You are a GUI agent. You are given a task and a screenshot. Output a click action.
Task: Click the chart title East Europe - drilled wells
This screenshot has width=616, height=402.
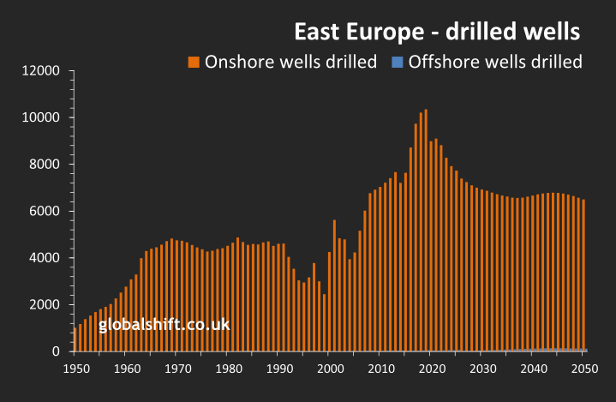pos(438,32)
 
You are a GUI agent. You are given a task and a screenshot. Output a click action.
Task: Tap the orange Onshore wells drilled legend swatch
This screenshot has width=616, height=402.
pos(194,62)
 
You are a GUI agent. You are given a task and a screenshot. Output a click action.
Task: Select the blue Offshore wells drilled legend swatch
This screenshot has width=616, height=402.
pos(397,62)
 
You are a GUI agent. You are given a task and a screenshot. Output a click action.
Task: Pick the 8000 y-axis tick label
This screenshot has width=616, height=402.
pos(45,165)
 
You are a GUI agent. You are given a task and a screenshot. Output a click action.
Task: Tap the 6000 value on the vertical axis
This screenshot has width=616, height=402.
pos(45,212)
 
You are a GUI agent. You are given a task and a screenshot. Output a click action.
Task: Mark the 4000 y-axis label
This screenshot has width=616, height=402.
pos(45,258)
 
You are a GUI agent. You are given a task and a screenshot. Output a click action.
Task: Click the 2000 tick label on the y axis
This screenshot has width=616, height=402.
pos(45,305)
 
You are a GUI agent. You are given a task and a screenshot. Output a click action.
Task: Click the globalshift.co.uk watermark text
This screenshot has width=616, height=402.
pos(164,326)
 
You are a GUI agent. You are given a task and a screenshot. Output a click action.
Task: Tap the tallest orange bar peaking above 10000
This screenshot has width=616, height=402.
pos(426,231)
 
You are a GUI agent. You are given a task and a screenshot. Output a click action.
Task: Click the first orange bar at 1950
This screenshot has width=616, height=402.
pos(75,339)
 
